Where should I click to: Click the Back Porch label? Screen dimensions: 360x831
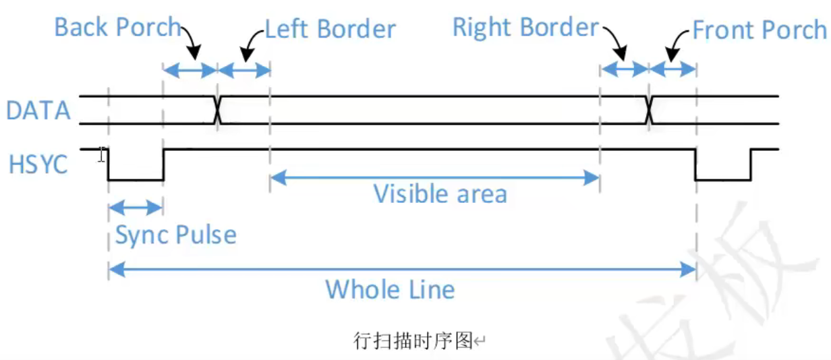tap(117, 28)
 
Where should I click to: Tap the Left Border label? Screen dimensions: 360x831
tap(330, 29)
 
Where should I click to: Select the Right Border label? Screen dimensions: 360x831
tap(525, 28)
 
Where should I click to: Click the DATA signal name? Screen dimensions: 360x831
tap(38, 111)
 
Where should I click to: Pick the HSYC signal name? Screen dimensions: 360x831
tap(38, 164)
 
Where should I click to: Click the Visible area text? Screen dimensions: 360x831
tap(440, 194)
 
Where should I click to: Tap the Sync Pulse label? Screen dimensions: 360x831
tap(176, 235)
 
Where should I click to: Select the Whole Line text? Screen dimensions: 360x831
tap(390, 290)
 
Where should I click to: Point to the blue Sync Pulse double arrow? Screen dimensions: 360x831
tap(136, 207)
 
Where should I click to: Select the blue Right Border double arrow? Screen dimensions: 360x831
tap(624, 68)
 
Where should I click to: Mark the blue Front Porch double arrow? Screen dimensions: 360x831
tap(672, 68)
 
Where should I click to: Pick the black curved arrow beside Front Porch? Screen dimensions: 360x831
tap(677, 44)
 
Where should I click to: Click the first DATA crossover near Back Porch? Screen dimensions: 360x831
tap(217, 110)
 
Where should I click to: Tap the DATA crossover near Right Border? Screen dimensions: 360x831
tap(648, 110)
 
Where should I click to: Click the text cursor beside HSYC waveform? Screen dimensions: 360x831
tap(101, 155)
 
